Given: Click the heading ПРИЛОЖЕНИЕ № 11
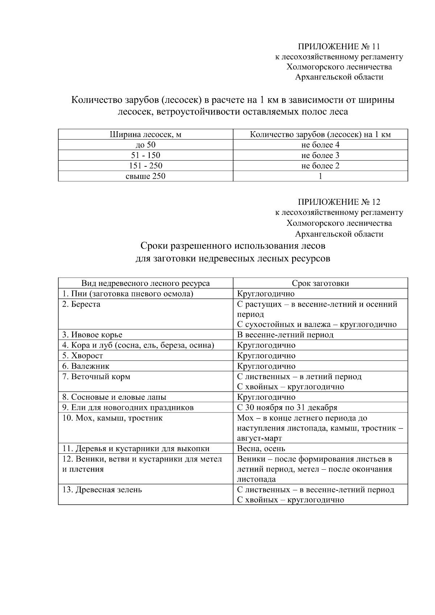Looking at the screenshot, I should [x=339, y=46].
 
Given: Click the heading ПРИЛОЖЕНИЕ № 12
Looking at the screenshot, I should [x=339, y=202].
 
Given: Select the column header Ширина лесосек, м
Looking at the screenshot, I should [x=145, y=134].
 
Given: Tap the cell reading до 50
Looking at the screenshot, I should [x=145, y=145].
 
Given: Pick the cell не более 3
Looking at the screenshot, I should [x=320, y=155].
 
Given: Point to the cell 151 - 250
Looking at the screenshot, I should [x=145, y=166].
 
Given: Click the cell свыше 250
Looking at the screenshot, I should [x=145, y=176].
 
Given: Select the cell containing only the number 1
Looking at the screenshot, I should [x=320, y=176].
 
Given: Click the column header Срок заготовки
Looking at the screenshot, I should [x=320, y=283].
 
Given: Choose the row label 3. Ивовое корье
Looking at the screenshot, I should [x=92, y=335].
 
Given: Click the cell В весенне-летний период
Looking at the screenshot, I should [x=285, y=335].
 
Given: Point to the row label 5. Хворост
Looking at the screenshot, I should [x=83, y=356].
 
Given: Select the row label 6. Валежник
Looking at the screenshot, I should [x=86, y=366].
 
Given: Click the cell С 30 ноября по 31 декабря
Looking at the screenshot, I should [x=287, y=408].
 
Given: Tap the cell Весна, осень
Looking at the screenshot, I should [x=261, y=449].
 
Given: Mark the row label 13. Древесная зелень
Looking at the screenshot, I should [x=102, y=490].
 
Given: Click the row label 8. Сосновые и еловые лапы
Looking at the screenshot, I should [x=114, y=397].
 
